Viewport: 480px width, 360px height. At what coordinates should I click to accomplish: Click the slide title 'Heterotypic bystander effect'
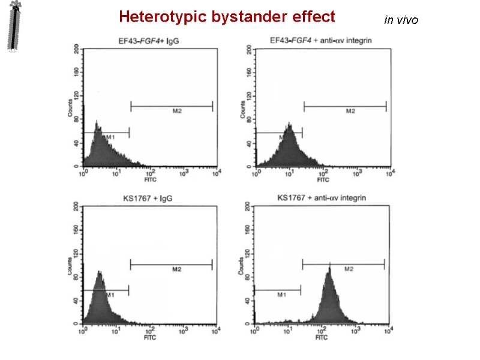coord(227,17)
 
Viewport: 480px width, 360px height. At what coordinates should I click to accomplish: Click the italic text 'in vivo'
coord(401,20)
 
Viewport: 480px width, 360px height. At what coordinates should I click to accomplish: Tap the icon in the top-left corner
coord(16,28)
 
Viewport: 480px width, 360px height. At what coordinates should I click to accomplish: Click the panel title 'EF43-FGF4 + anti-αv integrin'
coord(322,41)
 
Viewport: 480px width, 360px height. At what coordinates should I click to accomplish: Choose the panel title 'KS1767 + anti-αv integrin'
coord(322,197)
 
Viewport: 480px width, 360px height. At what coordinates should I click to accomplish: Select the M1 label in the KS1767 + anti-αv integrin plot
coord(281,295)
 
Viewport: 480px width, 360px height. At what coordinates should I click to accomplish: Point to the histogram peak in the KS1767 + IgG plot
coord(99,274)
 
